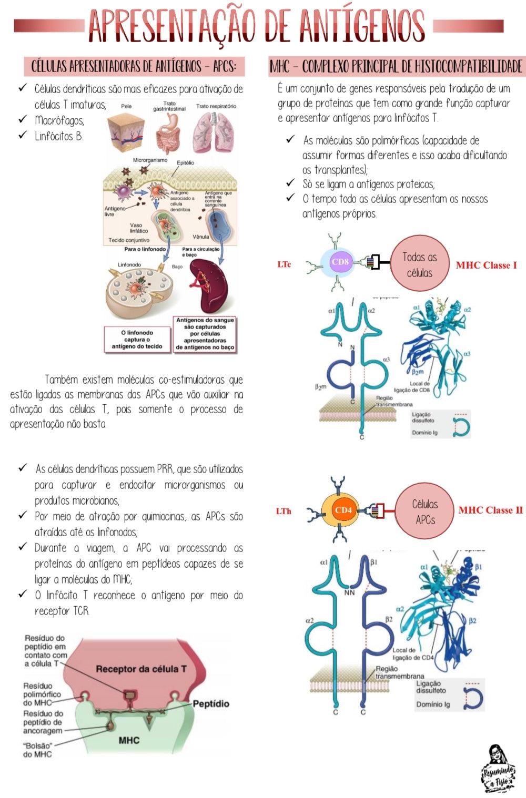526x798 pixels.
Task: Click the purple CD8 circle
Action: (341, 262)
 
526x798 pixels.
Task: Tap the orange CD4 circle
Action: (342, 510)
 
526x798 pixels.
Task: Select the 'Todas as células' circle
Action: (419, 264)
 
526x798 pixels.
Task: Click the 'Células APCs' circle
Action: (425, 511)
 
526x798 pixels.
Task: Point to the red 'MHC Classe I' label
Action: (486, 265)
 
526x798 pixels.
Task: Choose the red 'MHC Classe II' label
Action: (490, 510)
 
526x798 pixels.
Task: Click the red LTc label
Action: (284, 264)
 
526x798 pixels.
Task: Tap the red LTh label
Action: (284, 511)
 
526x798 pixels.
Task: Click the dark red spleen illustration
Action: (207, 286)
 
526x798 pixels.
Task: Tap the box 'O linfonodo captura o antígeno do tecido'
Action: (137, 340)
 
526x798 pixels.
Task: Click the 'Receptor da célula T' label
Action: (141, 669)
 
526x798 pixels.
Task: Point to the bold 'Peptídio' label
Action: (211, 703)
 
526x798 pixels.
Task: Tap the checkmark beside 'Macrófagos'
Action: (22, 119)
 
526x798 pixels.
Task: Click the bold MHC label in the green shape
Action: (129, 740)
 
